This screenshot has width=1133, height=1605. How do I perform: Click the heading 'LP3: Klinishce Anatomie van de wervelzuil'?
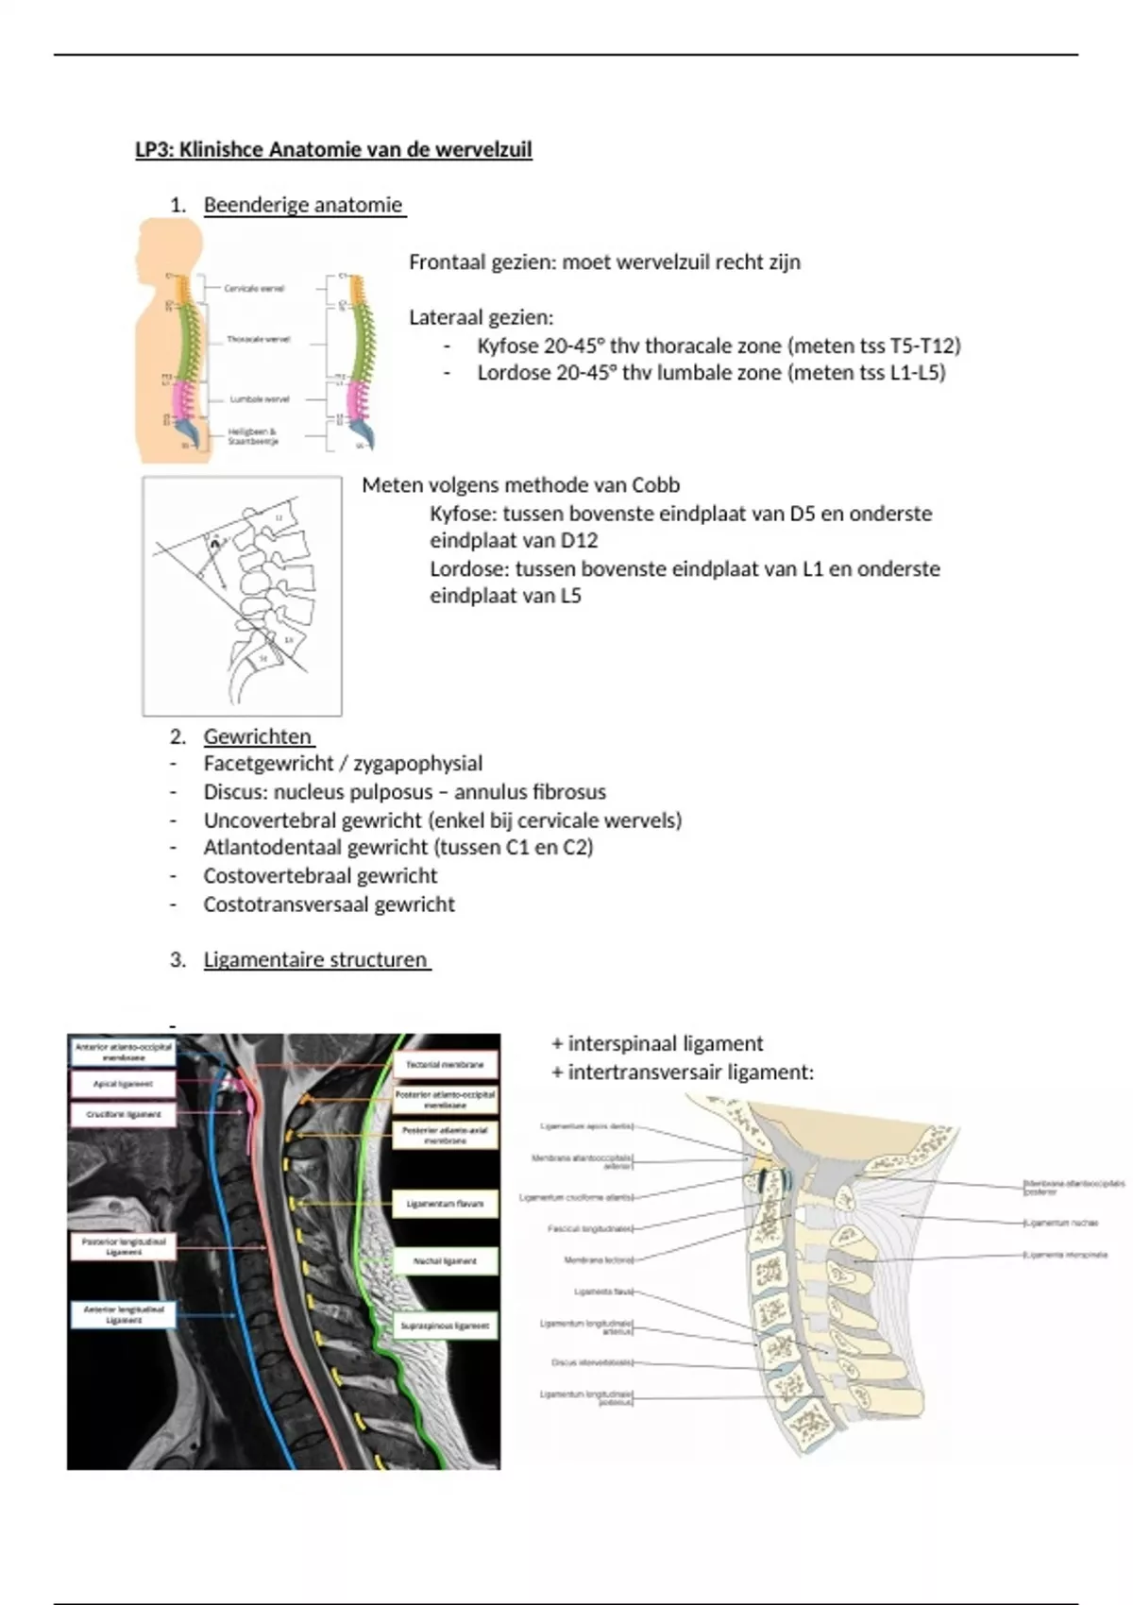click(x=333, y=150)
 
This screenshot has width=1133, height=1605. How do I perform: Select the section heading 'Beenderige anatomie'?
click(x=303, y=205)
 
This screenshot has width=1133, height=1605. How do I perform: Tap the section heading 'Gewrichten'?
click(x=257, y=736)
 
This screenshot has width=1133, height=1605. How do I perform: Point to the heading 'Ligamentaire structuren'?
click(x=315, y=959)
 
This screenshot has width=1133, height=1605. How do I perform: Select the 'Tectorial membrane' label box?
click(x=445, y=1064)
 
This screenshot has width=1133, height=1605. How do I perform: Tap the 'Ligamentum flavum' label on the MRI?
click(x=445, y=1204)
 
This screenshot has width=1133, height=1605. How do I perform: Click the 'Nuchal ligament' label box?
click(x=445, y=1260)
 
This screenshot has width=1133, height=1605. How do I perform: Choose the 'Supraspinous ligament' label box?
click(x=445, y=1326)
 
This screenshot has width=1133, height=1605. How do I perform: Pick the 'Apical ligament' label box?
click(x=123, y=1084)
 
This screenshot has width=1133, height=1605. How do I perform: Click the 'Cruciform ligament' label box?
click(x=123, y=1114)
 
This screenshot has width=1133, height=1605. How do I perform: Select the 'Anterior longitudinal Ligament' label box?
click(x=124, y=1314)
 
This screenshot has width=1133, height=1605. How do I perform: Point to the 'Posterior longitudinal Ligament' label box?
click(x=124, y=1246)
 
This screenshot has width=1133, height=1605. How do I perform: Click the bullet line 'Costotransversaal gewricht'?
click(x=329, y=904)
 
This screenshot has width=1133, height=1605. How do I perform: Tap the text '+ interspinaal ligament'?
click(x=657, y=1043)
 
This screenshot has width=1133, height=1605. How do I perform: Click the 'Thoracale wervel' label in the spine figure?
click(x=258, y=339)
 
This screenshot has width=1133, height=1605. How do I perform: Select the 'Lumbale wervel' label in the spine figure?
click(x=260, y=399)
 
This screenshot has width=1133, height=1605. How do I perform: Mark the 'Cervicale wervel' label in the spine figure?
click(x=254, y=288)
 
